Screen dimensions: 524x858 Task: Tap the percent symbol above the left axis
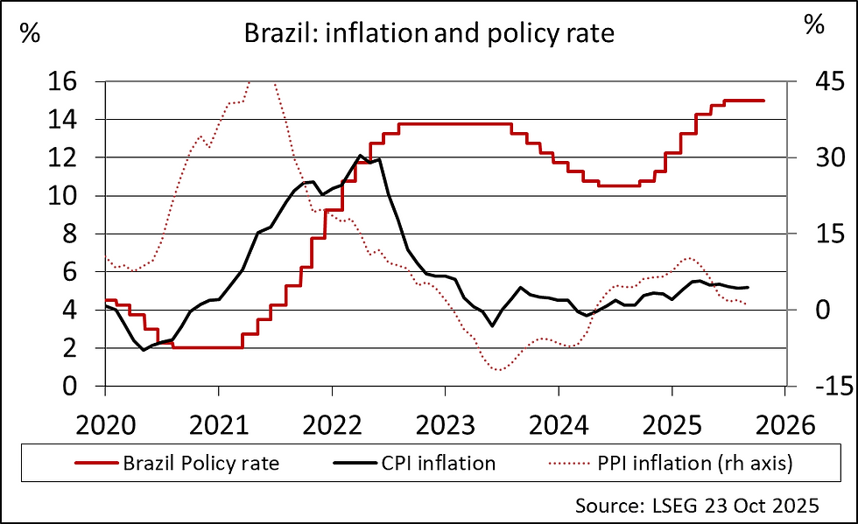29,34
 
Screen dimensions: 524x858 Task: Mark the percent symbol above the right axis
814,25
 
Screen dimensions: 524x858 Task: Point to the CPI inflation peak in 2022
361,157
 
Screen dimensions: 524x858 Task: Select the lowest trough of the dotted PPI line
498,370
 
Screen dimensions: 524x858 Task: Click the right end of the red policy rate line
763,101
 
